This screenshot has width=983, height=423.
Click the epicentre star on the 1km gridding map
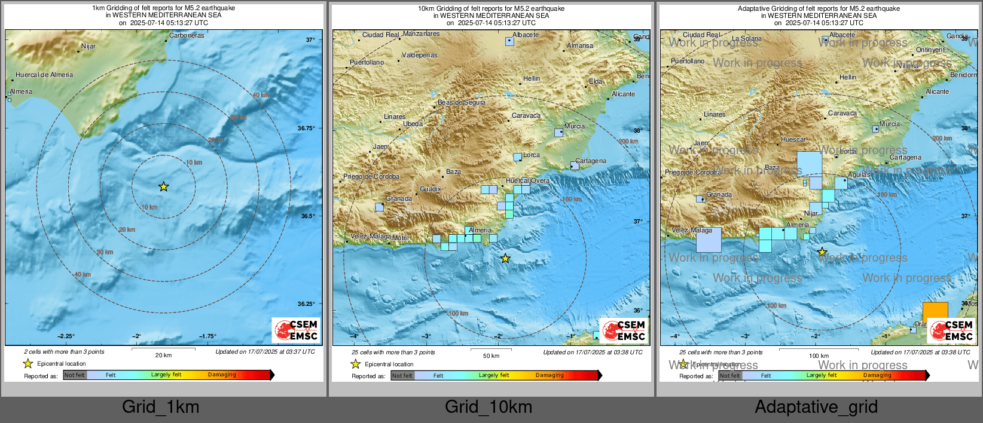tap(163, 187)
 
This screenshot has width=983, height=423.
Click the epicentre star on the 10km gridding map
tap(505, 258)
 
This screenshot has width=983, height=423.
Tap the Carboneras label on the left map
tap(186, 35)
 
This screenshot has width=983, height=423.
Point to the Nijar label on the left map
tap(88, 46)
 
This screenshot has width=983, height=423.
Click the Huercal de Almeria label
tap(44, 75)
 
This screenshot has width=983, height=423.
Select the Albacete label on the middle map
tap(526, 35)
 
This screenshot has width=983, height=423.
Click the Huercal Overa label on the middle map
tap(527, 180)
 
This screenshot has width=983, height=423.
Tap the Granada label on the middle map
tap(398, 198)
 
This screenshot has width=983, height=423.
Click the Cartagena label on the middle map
tap(590, 161)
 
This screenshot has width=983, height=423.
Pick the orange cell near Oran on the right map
tap(935, 312)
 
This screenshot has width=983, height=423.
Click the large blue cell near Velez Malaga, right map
tap(709, 240)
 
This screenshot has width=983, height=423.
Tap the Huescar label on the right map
tap(793, 139)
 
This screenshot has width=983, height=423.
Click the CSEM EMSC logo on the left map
tap(296, 330)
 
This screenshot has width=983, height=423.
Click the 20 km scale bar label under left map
tap(163, 355)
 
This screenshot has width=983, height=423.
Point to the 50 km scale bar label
tap(491, 355)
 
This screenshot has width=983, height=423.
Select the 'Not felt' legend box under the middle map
tap(402, 376)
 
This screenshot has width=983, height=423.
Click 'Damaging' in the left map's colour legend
tap(222, 375)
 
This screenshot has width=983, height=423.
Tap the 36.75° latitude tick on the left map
tap(306, 128)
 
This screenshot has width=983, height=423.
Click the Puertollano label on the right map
tap(687, 61)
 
